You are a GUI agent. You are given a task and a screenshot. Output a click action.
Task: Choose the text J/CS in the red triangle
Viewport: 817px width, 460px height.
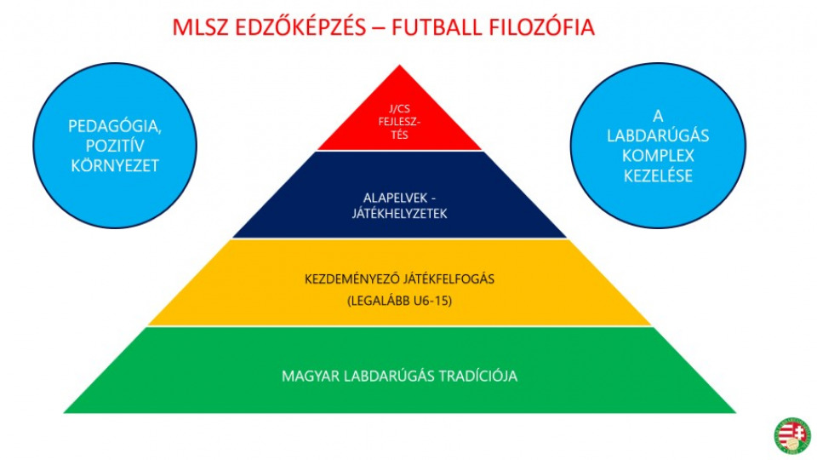pos(401,108)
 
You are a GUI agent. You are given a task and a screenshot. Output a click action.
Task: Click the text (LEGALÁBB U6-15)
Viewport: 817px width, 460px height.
pos(400,301)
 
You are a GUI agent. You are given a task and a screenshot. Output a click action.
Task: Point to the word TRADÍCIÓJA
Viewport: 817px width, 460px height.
pos(477,376)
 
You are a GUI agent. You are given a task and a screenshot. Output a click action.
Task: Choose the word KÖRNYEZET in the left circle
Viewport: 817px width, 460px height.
pos(114,165)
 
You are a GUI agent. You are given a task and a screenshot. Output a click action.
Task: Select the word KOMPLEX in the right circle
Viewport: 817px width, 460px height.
pos(659,156)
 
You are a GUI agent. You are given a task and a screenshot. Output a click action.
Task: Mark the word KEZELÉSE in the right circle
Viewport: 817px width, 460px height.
pos(659,176)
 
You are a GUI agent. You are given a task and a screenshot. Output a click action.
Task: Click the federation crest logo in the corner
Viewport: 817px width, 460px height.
pos(791,434)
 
